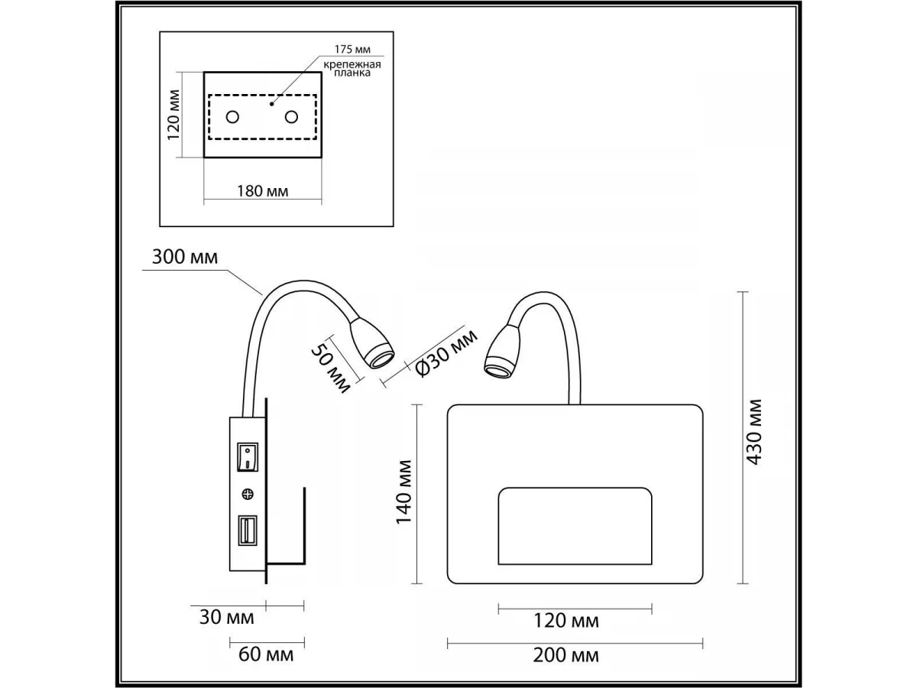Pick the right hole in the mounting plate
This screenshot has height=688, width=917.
pos(291,117)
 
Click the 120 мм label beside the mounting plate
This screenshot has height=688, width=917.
pos(173,116)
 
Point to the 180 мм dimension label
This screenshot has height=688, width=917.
pos(263,191)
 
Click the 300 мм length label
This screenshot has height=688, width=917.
pos(184,257)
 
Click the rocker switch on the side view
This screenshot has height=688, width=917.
pos(247,456)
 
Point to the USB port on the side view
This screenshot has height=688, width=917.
pos(247,531)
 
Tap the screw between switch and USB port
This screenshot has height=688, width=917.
pos(247,493)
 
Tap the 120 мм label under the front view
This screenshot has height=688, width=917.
pos(567,621)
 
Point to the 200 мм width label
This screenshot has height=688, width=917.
pos(567,655)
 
